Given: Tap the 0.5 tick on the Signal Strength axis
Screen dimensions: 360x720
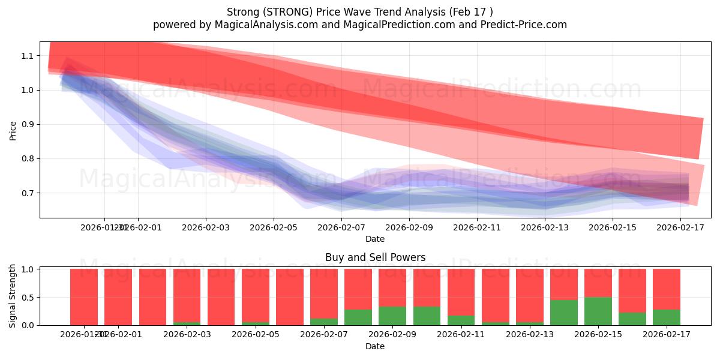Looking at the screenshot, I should coord(28,298).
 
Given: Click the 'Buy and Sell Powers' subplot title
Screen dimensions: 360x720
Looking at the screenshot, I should coord(375,257).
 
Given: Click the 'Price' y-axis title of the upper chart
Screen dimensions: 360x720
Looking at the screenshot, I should coord(13,130).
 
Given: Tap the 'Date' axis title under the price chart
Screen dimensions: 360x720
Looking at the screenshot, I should coord(375,239).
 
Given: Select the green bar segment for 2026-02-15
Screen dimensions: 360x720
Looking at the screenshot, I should coord(598,311).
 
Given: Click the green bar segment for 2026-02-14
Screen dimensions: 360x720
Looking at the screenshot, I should coord(563,313).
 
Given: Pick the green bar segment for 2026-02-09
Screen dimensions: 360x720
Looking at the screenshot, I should coord(392,316).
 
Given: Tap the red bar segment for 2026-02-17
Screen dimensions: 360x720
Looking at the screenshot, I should coord(666,289).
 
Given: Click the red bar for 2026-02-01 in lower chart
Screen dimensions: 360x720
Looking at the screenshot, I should coord(118,297).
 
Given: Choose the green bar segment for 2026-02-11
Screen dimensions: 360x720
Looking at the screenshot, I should coord(461,320).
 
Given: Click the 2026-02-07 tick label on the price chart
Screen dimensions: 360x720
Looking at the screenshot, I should coord(341,227).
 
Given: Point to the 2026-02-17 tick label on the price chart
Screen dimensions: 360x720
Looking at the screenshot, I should coord(680,227).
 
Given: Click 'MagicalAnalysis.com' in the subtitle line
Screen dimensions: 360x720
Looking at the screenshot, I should coord(266,25).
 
